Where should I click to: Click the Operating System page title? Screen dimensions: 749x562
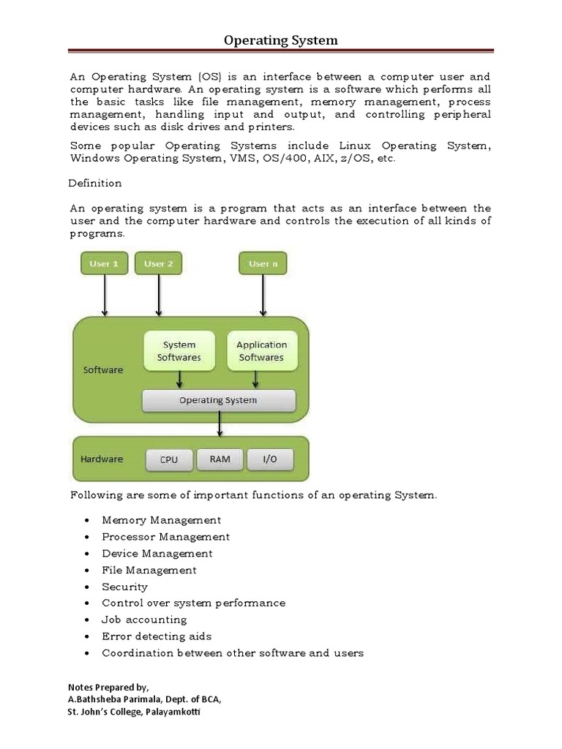(x=280, y=40)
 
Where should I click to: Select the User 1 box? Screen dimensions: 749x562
(x=104, y=263)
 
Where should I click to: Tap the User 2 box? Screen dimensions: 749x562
(x=158, y=263)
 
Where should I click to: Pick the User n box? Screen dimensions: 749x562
(x=263, y=263)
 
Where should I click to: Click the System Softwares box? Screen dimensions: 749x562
(x=179, y=351)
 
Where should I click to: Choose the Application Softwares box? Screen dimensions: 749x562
(x=261, y=351)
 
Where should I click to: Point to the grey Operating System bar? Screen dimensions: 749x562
(x=218, y=400)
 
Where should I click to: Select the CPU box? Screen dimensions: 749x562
(x=168, y=460)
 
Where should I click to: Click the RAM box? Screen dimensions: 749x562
(x=220, y=459)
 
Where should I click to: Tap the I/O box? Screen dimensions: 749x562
(x=270, y=459)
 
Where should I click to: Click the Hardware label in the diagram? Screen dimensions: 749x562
(x=102, y=459)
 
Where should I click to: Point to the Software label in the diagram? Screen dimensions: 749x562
(x=103, y=370)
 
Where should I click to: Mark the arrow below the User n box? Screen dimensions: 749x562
(x=263, y=296)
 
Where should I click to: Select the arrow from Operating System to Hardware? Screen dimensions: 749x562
(x=219, y=424)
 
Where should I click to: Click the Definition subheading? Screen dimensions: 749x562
(x=95, y=183)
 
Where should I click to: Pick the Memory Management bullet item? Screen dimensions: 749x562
(x=161, y=520)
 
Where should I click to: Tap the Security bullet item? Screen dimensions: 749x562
(x=124, y=587)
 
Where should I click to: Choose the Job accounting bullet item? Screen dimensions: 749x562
(x=144, y=620)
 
